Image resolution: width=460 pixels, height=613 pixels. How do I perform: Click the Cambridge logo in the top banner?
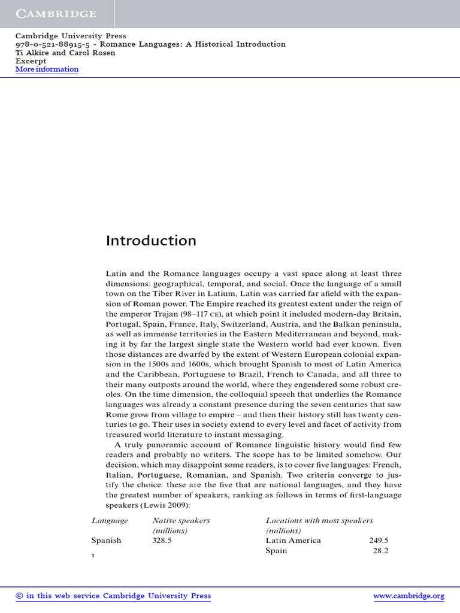tap(56, 13)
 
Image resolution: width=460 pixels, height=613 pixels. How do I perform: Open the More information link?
tap(47, 69)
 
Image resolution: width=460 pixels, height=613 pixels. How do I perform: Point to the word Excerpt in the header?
tap(31, 61)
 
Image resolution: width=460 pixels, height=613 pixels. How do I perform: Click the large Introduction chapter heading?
tap(151, 241)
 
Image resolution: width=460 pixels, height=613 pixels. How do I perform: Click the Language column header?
tap(110, 521)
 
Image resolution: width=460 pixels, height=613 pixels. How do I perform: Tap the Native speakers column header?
tap(181, 521)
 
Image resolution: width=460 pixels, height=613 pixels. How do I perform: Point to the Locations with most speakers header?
tap(319, 521)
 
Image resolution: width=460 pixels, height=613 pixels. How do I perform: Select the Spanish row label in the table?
tap(106, 541)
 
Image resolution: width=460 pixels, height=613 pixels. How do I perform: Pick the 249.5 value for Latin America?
tap(379, 541)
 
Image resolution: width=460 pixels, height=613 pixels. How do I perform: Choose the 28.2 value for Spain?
tap(380, 551)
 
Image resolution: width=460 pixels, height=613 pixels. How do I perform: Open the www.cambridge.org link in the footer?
tap(408, 596)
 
